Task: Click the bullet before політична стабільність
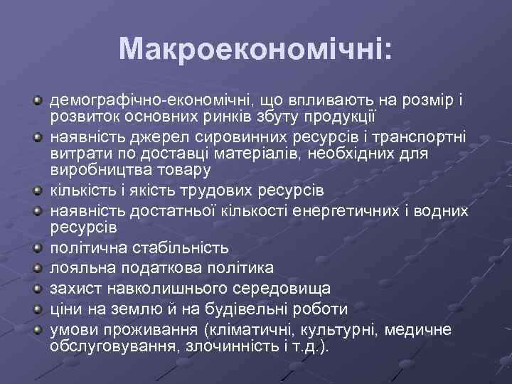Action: (x=38, y=248)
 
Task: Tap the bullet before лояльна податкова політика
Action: (x=38, y=269)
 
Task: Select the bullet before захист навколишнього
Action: (x=38, y=289)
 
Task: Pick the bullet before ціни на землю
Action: (x=38, y=310)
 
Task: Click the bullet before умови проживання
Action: (x=38, y=331)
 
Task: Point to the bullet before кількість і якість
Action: (x=38, y=191)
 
